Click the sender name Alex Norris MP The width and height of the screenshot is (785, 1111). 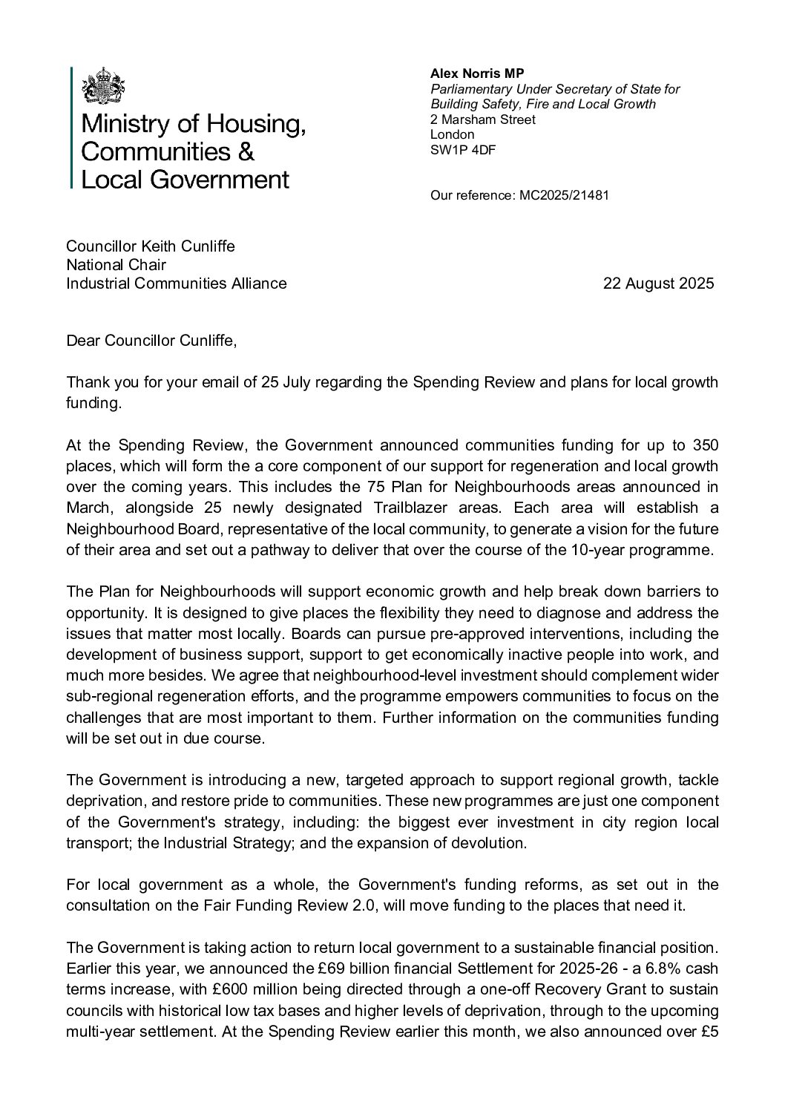(x=477, y=73)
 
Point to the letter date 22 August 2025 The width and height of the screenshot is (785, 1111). (x=659, y=283)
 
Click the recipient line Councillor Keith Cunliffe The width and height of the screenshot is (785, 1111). (x=151, y=246)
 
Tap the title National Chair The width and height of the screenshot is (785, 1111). (x=116, y=264)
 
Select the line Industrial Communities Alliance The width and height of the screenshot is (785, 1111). (x=177, y=283)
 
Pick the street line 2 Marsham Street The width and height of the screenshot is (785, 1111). (x=482, y=119)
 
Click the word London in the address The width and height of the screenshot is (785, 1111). (x=452, y=134)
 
